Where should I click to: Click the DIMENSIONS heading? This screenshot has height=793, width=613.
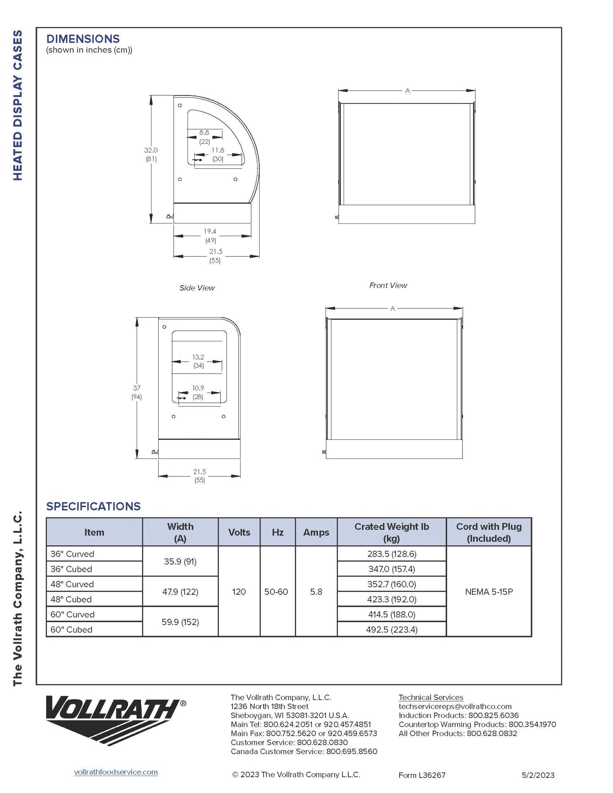pos(83,39)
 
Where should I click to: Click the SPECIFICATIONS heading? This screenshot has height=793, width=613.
pos(93,506)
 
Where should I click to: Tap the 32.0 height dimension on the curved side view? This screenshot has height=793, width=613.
pos(151,151)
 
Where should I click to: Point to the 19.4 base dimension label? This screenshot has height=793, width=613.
pos(210,232)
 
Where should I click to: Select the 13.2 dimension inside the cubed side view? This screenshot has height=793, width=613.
pos(198,357)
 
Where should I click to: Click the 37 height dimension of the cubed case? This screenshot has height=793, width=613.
pos(137,388)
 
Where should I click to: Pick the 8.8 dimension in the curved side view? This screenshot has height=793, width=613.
pos(204,133)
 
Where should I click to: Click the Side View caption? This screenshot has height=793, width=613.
pos(197,288)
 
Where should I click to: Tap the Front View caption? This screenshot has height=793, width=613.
pos(388,285)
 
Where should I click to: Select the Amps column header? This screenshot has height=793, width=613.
pos(316,532)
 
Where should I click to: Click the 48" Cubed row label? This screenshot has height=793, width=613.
pos(71,599)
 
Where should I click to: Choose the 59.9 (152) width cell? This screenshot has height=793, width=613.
pos(180,622)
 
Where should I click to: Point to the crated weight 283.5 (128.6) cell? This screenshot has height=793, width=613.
pos(392,554)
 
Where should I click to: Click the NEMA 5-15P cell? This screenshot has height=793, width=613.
pos(489,592)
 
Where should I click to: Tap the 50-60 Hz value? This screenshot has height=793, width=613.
pos(276,592)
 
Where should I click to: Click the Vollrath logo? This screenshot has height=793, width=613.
pos(115,719)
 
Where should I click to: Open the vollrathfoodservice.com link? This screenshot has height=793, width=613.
pos(116,772)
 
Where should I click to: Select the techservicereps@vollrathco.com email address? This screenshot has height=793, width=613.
pos(455,706)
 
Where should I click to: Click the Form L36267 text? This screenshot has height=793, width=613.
pos(422,775)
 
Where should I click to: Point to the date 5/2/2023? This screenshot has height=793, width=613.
pos(538,775)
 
